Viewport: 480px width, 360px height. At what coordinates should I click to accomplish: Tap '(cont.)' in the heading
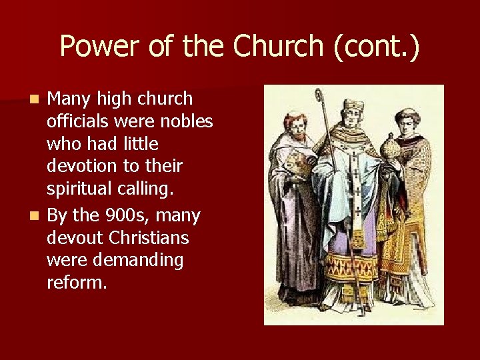379,47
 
